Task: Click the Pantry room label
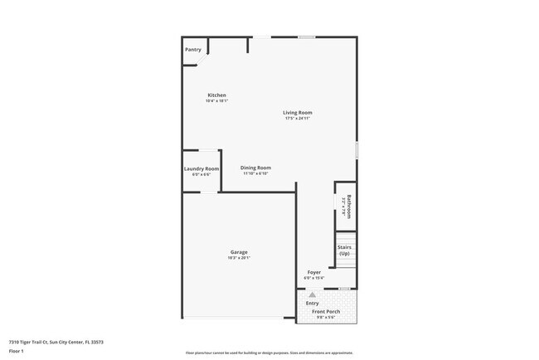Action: click(x=192, y=50)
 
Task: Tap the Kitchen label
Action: click(x=216, y=95)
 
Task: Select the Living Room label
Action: click(x=297, y=113)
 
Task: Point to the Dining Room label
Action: click(x=255, y=168)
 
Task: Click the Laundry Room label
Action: click(x=202, y=169)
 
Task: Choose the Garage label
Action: click(x=239, y=252)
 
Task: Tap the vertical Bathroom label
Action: click(x=349, y=207)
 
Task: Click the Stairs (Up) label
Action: click(x=345, y=250)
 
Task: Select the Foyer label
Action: click(x=314, y=272)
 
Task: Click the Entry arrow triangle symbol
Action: click(x=312, y=294)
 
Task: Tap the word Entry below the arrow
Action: click(x=312, y=303)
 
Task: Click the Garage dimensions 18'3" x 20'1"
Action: click(x=239, y=258)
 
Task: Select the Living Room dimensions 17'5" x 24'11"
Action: click(x=297, y=119)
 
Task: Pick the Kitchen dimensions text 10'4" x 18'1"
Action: click(x=216, y=101)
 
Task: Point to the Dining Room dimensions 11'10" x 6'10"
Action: click(x=255, y=173)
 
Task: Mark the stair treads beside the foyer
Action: click(x=345, y=265)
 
